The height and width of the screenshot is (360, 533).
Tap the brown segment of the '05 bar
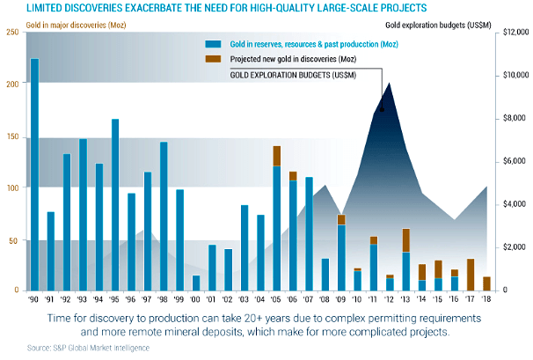point(277,156)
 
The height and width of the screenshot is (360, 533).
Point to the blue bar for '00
point(196,283)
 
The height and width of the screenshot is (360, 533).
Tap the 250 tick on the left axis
point(11,33)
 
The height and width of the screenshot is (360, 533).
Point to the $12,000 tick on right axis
point(509,33)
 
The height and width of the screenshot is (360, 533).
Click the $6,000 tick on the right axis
point(511,161)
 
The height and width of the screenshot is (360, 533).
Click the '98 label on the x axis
point(164,299)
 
